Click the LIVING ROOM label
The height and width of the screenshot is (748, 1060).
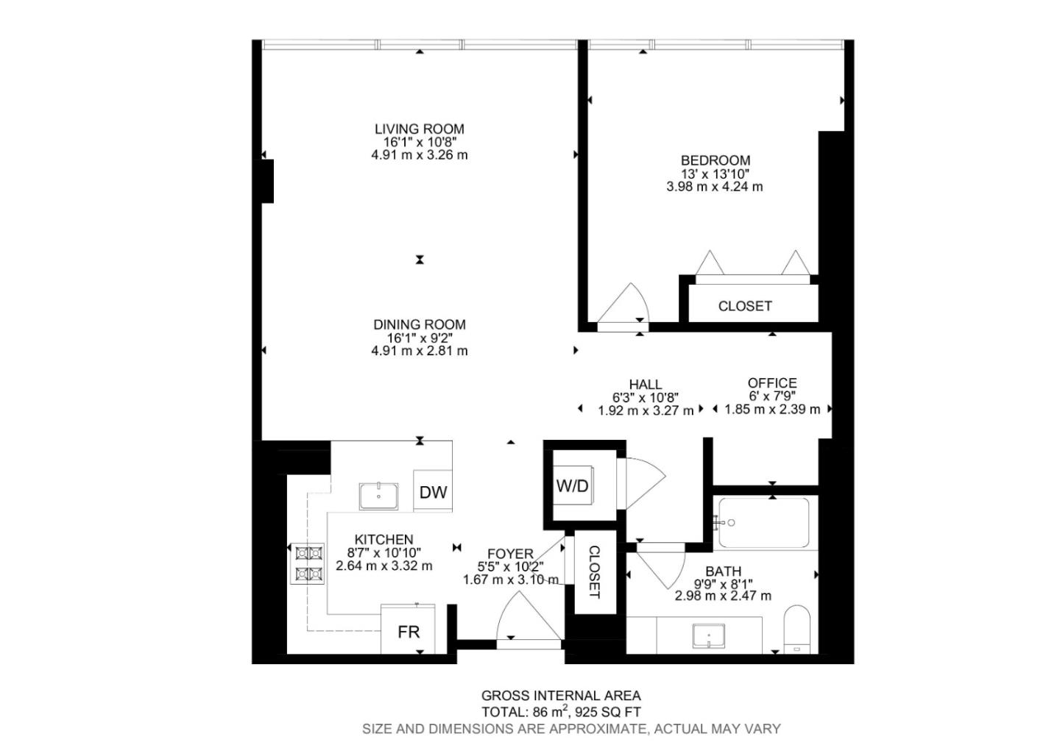(419, 129)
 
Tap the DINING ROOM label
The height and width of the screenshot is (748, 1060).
(419, 324)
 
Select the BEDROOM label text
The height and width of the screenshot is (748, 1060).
(715, 160)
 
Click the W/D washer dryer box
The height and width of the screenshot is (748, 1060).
(573, 486)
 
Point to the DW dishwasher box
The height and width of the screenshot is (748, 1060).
(433, 492)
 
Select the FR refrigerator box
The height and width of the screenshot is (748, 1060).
(409, 631)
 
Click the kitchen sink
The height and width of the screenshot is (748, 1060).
(378, 496)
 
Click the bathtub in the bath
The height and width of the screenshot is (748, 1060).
(764, 523)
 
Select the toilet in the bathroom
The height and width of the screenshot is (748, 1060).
(796, 628)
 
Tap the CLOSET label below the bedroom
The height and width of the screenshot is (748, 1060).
(745, 306)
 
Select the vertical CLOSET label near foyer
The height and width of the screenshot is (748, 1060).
(594, 572)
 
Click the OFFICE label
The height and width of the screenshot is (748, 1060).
(772, 383)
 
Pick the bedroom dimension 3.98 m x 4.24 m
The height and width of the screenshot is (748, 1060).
(714, 187)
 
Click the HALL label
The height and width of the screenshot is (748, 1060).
(645, 384)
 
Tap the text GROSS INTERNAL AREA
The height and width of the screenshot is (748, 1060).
(561, 695)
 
